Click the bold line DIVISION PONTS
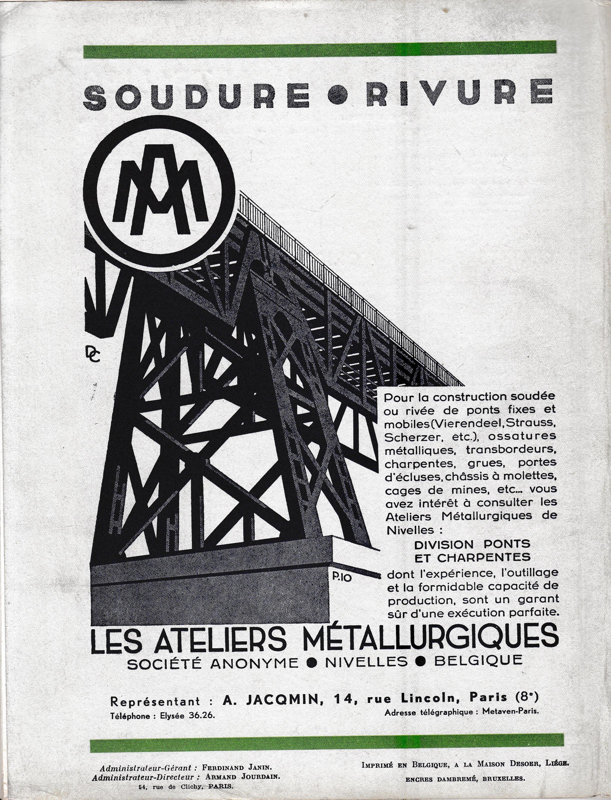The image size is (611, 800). [472, 544]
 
